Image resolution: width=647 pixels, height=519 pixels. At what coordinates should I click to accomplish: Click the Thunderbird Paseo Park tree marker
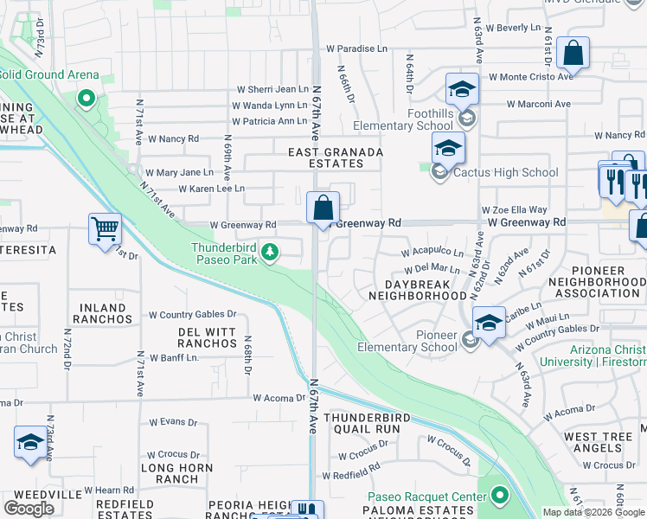click(271, 252)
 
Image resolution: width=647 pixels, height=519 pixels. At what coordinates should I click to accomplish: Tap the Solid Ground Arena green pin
click(86, 98)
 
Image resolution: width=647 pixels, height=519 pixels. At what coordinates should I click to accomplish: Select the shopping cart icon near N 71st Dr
click(105, 229)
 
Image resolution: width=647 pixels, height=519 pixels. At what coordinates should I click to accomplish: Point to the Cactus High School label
click(506, 172)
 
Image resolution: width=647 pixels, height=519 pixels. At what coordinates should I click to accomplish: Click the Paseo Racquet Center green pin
click(499, 496)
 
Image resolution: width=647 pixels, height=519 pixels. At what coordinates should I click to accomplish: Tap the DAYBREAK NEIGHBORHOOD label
click(418, 289)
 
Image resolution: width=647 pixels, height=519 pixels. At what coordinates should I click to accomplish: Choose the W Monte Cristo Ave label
click(531, 77)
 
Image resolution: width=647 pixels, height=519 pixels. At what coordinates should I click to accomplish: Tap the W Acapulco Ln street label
click(432, 253)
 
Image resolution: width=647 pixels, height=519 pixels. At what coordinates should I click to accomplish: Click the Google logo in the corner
click(29, 509)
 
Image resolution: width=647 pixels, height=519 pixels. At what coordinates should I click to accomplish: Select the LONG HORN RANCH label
click(170, 473)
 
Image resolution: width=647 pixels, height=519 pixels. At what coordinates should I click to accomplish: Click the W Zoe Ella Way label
click(515, 209)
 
